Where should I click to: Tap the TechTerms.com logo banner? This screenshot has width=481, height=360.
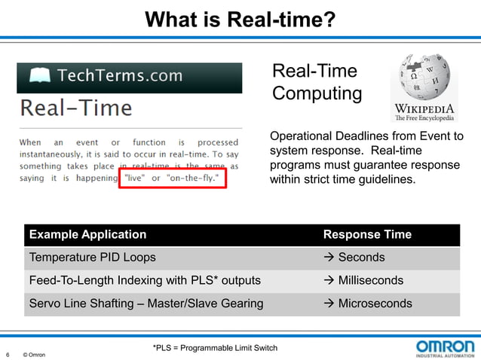(129, 76)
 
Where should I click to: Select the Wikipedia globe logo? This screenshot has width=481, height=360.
(424, 84)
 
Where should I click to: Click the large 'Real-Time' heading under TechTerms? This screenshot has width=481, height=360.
(76, 108)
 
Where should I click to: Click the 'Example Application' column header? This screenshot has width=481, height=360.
(87, 234)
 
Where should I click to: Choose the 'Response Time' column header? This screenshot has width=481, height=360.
(367, 234)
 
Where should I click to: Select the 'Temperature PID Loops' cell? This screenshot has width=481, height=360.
(93, 258)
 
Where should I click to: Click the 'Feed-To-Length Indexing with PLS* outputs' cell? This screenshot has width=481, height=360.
(145, 281)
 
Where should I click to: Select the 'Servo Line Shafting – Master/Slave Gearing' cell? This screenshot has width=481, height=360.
(146, 304)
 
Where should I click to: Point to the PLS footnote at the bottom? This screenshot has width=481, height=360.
(215, 348)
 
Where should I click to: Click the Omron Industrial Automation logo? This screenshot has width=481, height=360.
(445, 348)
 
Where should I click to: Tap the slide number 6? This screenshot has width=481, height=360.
(8, 355)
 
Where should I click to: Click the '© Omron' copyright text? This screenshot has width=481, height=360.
(34, 355)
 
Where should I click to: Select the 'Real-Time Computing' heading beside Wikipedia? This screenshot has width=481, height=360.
(317, 83)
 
